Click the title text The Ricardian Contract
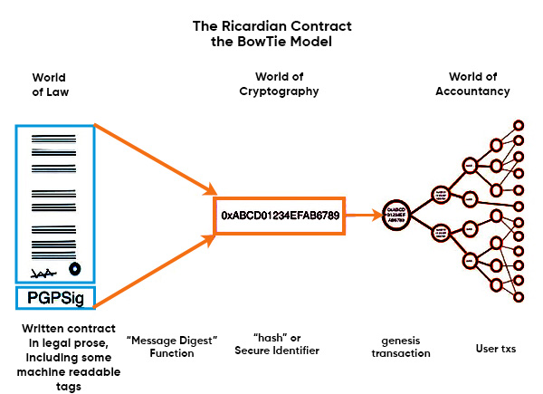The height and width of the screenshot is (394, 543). [x=271, y=25]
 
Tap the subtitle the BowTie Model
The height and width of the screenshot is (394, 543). [x=271, y=42]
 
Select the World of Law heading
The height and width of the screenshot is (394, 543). [x=49, y=84]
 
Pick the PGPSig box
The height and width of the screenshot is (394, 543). [x=55, y=297]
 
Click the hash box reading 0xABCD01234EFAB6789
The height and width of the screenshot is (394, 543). [x=280, y=216]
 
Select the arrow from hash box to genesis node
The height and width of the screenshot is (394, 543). [x=363, y=216]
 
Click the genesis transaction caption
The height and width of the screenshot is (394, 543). [x=400, y=347]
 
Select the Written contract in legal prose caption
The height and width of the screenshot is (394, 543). [x=57, y=352]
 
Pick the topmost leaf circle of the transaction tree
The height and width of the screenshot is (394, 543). [x=519, y=124]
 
